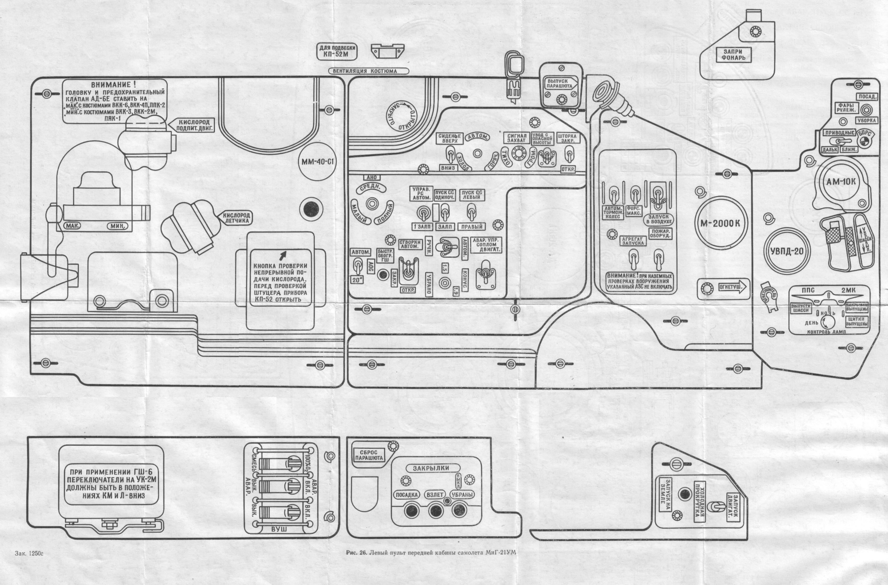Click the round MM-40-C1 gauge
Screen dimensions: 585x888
click(317, 161)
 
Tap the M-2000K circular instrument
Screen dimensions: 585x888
click(719, 223)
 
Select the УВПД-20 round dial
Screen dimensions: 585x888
click(787, 251)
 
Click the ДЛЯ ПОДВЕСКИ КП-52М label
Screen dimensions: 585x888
click(337, 51)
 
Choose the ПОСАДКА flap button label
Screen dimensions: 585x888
click(406, 495)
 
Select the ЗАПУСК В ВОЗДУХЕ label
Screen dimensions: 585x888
click(659, 219)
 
